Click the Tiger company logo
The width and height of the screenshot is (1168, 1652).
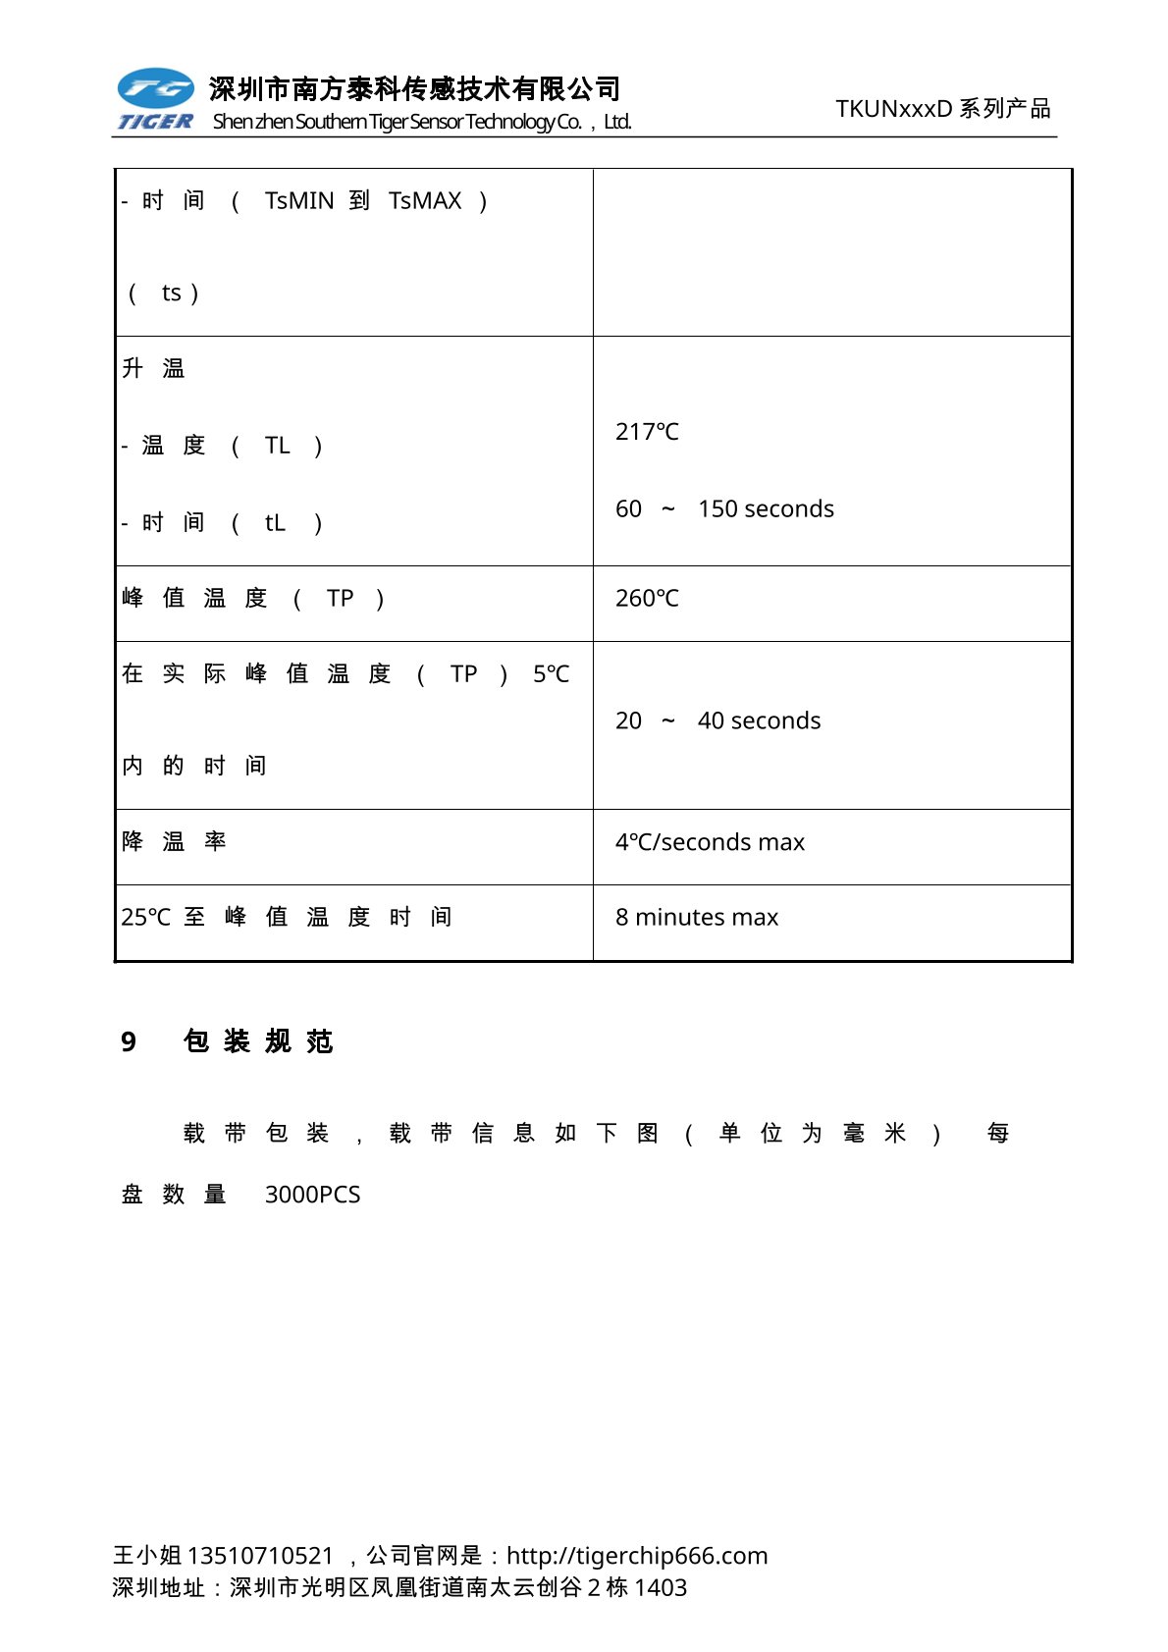(x=155, y=99)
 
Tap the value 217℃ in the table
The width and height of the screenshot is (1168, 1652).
(x=647, y=432)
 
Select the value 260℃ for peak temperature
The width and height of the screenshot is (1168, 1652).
(x=647, y=599)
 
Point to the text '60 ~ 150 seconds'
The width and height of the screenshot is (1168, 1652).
(x=724, y=509)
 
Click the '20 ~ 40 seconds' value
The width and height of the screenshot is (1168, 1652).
(x=717, y=721)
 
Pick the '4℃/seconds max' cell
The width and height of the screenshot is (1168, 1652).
(x=710, y=842)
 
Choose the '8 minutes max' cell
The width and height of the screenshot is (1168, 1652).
(x=696, y=918)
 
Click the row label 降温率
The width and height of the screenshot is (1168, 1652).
(x=174, y=842)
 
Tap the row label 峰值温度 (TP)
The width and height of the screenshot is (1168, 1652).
(x=252, y=599)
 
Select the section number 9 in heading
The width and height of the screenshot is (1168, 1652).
(x=129, y=1042)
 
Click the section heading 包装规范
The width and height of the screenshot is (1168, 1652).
(x=258, y=1041)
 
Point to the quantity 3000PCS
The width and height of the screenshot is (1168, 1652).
(x=312, y=1195)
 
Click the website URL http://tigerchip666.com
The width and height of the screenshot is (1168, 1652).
(x=637, y=1556)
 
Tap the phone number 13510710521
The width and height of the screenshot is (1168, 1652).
(x=260, y=1556)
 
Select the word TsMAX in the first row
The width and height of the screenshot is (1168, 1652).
(x=424, y=201)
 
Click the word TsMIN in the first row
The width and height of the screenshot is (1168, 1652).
(x=299, y=201)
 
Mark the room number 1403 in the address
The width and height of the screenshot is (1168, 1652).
(x=661, y=1588)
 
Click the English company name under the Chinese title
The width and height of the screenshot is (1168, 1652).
(x=422, y=122)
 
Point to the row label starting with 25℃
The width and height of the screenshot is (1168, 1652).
(x=286, y=918)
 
